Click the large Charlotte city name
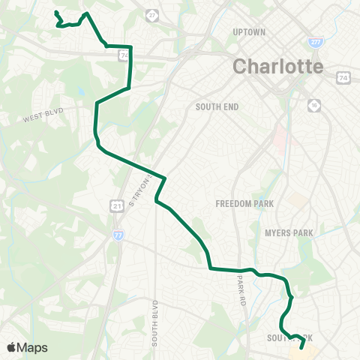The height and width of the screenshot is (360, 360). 277,66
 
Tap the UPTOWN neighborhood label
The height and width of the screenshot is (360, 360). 250,32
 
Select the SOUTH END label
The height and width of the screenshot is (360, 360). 217,106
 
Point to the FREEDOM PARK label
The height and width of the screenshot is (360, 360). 244,203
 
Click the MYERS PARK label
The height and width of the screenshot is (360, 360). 289,233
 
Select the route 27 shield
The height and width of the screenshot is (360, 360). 153,15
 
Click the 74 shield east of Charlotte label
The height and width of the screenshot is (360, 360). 343,77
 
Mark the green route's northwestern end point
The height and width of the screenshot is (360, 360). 56,13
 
